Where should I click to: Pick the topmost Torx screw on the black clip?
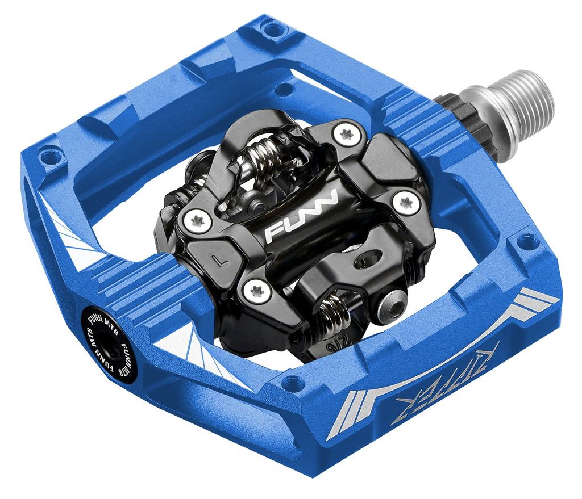[x=347, y=133]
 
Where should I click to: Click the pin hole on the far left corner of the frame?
[x=49, y=153]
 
